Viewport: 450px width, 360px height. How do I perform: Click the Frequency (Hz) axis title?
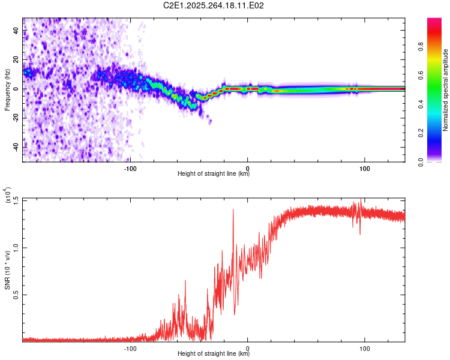7,89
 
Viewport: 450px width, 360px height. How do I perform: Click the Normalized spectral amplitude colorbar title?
446,89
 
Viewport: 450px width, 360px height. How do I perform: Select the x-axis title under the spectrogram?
214,174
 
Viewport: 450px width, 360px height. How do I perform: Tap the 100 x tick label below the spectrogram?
364,167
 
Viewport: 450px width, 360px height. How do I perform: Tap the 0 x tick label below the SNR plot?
248,347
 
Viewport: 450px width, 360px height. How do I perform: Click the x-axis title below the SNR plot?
214,354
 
